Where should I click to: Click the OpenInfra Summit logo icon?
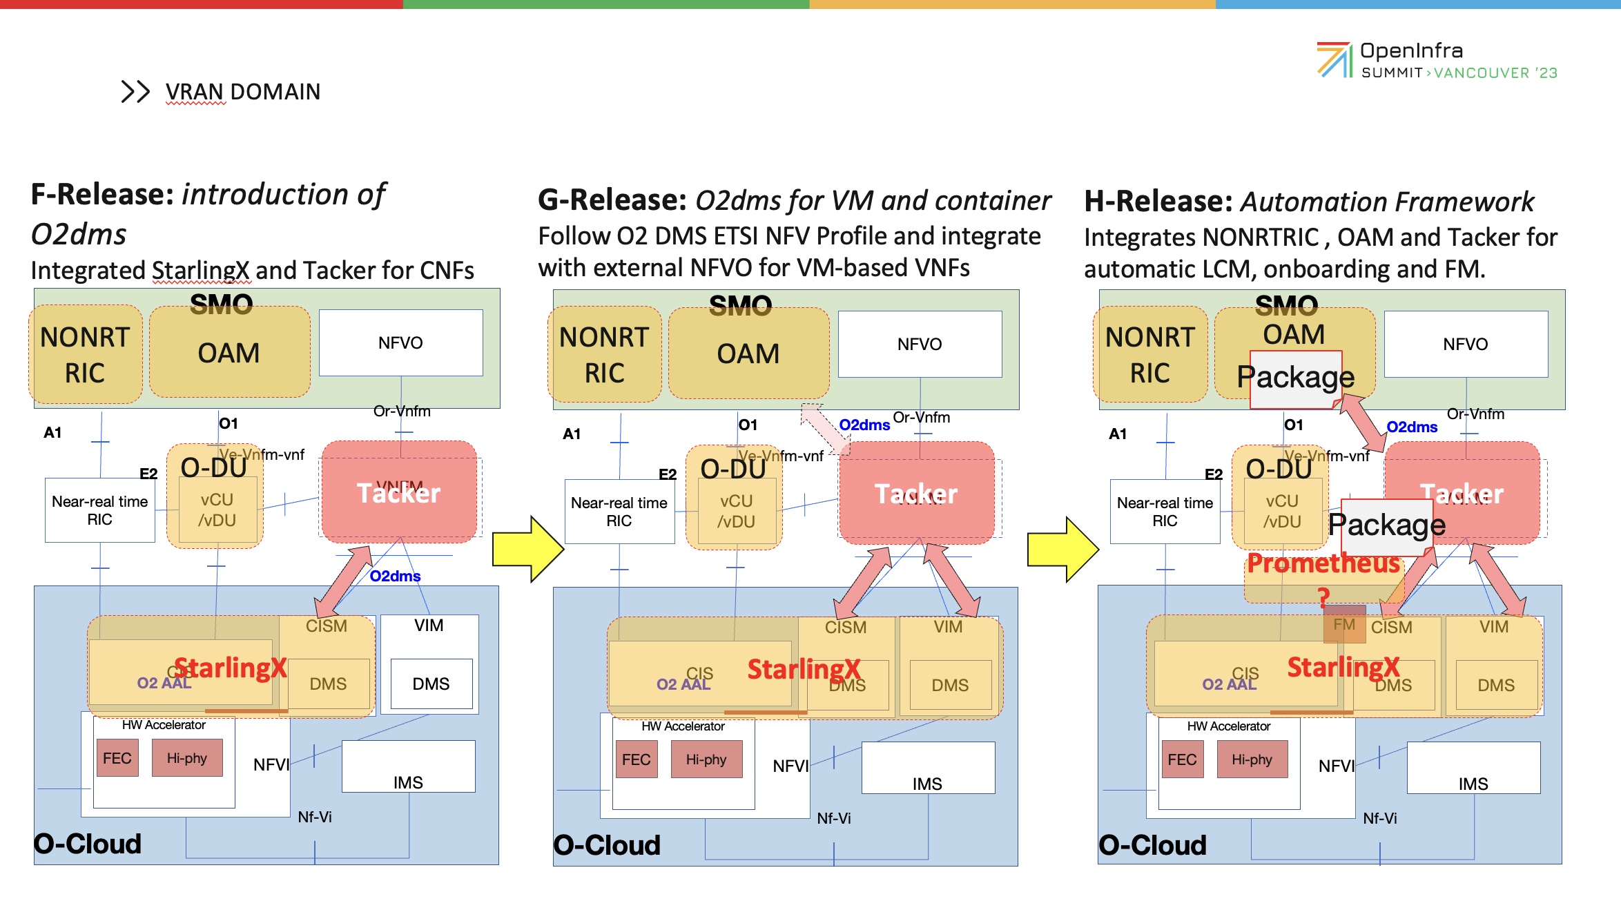[1334, 60]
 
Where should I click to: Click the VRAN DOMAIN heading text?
[242, 92]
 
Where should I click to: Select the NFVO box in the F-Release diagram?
[400, 342]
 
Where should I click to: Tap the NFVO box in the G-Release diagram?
[920, 344]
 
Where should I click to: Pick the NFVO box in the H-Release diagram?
[1465, 344]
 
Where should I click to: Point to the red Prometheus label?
[1323, 563]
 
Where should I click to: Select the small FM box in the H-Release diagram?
[1344, 624]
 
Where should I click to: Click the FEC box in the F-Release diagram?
[117, 758]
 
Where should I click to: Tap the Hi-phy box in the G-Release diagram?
[706, 759]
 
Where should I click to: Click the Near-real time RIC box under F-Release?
[100, 510]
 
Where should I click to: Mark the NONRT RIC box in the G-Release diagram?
[605, 355]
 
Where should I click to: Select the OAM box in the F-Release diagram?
[229, 353]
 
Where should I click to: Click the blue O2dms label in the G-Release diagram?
[864, 425]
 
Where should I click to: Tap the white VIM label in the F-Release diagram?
[429, 626]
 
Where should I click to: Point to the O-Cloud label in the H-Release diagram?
[1152, 845]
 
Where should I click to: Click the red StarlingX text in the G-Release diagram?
[804, 669]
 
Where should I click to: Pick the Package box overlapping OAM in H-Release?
[1295, 378]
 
